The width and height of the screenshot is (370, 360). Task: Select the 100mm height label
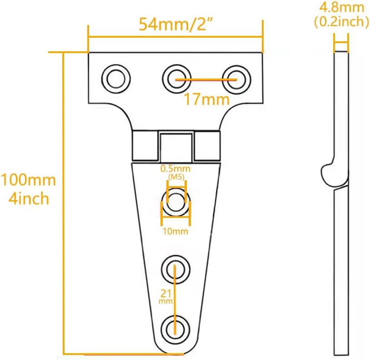[x=28, y=180]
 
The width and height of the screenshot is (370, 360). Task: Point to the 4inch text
[x=28, y=198]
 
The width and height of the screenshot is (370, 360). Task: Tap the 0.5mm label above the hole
[x=175, y=169]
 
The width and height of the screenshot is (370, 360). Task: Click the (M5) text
[x=175, y=177]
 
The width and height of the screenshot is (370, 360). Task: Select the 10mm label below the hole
[x=175, y=232]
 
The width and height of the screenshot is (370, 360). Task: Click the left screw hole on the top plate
[x=115, y=78]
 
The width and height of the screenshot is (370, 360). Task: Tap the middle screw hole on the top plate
[x=175, y=78]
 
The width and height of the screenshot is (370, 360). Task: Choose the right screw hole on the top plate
[x=235, y=78]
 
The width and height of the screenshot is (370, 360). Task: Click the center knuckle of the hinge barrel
[x=175, y=146]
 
